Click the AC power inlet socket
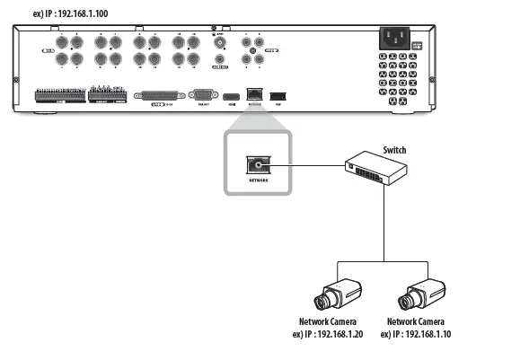pyautogui.click(x=394, y=40)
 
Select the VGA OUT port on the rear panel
pyautogui.click(x=204, y=95)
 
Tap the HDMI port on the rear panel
pyautogui.click(x=232, y=96)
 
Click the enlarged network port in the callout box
pyautogui.click(x=258, y=164)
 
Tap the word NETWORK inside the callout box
pyautogui.click(x=258, y=180)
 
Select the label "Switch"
pyautogui.click(x=394, y=150)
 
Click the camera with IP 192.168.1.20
pyautogui.click(x=333, y=294)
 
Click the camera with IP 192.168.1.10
pyautogui.click(x=420, y=294)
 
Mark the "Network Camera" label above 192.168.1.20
pyautogui.click(x=327, y=321)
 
